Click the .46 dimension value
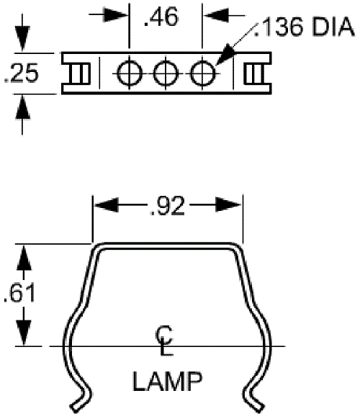tap(161, 17)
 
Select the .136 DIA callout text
tap(304, 27)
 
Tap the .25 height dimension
tap(22, 73)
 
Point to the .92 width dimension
tap(167, 205)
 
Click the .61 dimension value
tap(19, 293)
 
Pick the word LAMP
tap(168, 381)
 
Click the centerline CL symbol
tap(164, 341)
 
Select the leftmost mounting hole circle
tap(130, 73)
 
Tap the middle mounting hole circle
tap(166, 73)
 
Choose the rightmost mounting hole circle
tap(202, 73)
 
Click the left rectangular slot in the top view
tap(79, 73)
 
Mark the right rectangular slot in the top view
tap(254, 73)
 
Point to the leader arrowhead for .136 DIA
tap(224, 54)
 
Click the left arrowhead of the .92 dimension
tap(107, 205)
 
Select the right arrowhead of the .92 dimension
tap(228, 205)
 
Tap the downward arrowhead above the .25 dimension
tap(22, 38)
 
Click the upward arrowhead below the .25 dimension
tap(22, 107)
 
